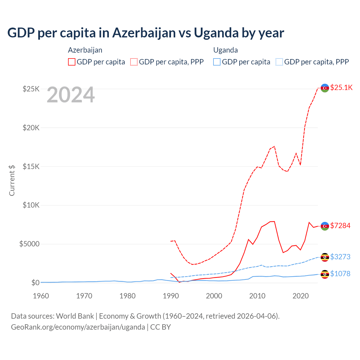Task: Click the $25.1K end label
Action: pyautogui.click(x=341, y=88)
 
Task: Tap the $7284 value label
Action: pyautogui.click(x=340, y=226)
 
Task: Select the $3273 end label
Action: pyautogui.click(x=340, y=257)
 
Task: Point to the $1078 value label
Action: pyautogui.click(x=340, y=274)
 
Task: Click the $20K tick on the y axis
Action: pyautogui.click(x=31, y=128)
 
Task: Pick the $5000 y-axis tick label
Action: pyautogui.click(x=29, y=244)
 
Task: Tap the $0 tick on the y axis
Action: pyautogui.click(x=35, y=283)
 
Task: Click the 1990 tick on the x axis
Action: pyautogui.click(x=171, y=296)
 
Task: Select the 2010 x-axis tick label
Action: pyautogui.click(x=257, y=296)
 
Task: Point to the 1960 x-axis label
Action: pyautogui.click(x=41, y=296)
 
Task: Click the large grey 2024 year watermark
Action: pyautogui.click(x=71, y=95)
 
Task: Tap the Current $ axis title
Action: pyautogui.click(x=12, y=180)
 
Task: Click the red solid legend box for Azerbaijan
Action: pyautogui.click(x=72, y=62)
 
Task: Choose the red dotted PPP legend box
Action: pyautogui.click(x=134, y=62)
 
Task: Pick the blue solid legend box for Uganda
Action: pyautogui.click(x=217, y=62)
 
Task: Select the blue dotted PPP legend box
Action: pyautogui.click(x=279, y=62)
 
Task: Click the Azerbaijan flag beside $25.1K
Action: pyautogui.click(x=325, y=88)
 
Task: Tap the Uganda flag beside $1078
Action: pyautogui.click(x=325, y=274)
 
